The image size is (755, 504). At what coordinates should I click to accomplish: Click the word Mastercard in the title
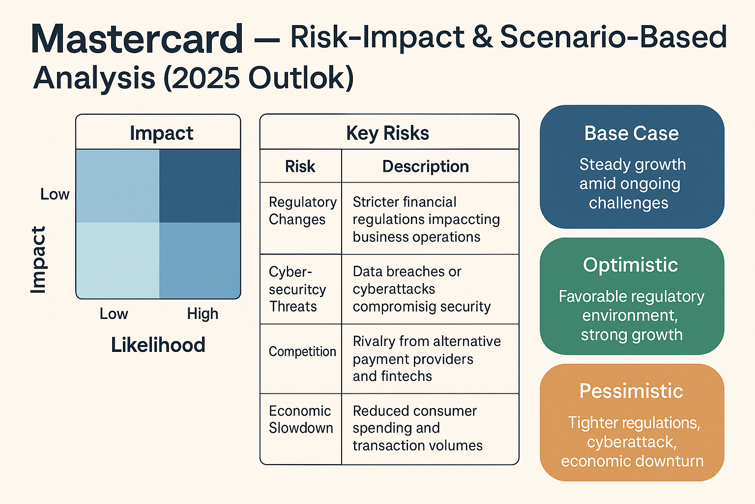(137, 39)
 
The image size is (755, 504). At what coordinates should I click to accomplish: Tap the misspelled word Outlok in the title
(301, 78)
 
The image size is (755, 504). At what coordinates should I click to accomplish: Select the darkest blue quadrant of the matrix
(200, 186)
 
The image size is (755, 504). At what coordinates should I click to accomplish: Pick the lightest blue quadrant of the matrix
(117, 260)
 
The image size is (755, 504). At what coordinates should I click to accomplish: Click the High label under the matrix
(203, 314)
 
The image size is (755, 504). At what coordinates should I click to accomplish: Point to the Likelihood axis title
(158, 345)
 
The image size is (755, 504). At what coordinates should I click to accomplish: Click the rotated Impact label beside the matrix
(38, 260)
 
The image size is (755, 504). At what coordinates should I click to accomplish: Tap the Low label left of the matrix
(55, 194)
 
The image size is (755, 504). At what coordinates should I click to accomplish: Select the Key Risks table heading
(387, 133)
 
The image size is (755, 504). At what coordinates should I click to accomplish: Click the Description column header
(425, 166)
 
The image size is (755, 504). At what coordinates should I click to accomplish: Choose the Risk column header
(300, 166)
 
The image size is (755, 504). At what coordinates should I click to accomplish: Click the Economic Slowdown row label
(300, 419)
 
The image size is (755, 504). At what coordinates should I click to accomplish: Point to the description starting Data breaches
(421, 289)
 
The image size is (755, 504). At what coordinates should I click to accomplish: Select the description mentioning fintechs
(426, 359)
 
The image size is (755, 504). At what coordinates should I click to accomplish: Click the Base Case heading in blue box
(631, 133)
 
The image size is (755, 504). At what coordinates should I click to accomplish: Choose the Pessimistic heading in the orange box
(631, 391)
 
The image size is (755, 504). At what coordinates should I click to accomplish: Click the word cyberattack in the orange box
(631, 442)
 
